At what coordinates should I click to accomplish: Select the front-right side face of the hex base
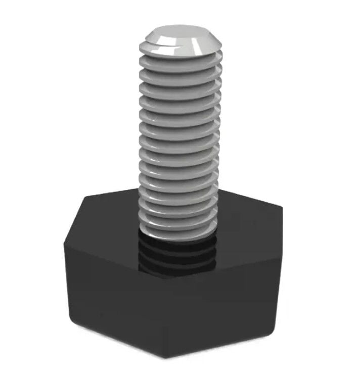point(228,308)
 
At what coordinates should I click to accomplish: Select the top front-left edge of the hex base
point(116,259)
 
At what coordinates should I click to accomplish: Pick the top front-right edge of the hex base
point(228,266)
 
